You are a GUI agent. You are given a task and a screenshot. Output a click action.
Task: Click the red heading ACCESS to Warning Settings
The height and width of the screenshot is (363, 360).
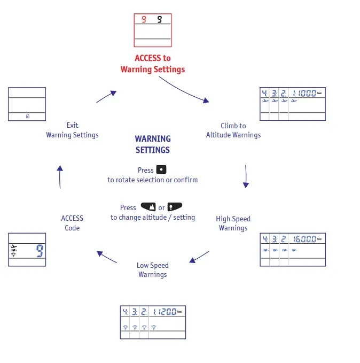click(x=152, y=64)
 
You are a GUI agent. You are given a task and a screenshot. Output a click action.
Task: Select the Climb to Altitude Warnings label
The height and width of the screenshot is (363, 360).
click(x=233, y=130)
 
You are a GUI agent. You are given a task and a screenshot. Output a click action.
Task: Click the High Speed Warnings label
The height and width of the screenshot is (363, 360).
click(x=233, y=223)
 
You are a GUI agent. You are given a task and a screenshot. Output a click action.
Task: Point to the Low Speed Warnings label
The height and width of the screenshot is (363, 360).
click(x=152, y=269)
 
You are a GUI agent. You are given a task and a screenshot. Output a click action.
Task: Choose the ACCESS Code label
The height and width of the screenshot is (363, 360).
click(x=72, y=223)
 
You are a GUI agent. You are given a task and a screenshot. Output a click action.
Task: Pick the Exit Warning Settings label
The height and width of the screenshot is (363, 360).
click(x=72, y=130)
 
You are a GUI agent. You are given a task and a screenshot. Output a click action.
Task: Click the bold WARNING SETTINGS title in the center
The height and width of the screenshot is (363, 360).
click(x=153, y=144)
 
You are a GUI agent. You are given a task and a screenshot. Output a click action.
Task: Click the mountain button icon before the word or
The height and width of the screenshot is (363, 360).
click(x=148, y=207)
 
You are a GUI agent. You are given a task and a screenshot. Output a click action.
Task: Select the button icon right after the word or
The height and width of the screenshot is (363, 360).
click(x=175, y=207)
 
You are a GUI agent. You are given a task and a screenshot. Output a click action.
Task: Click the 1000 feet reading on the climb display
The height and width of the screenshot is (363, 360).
click(x=304, y=93)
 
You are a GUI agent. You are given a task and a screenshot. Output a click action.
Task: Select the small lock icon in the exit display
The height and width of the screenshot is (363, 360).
click(x=27, y=116)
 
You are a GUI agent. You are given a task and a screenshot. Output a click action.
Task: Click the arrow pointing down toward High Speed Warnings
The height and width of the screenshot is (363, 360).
click(x=246, y=176)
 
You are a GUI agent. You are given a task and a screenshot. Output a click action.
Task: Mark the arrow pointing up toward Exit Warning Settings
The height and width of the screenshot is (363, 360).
click(x=60, y=176)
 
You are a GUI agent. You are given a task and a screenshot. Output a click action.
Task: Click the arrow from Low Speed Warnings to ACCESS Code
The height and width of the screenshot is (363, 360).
click(x=107, y=257)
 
